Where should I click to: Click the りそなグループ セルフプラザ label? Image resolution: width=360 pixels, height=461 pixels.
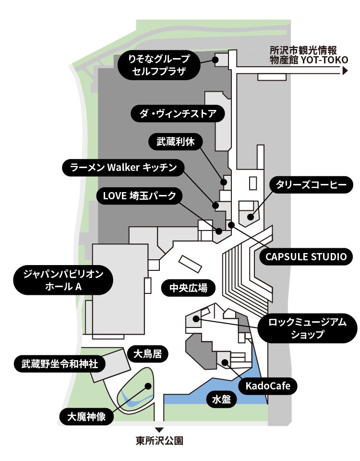tap(158, 65)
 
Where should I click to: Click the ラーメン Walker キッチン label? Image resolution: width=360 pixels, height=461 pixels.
tap(123, 168)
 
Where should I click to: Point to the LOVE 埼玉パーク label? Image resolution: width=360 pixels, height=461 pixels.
tap(140, 196)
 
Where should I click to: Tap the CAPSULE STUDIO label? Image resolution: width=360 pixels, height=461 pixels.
tap(306, 256)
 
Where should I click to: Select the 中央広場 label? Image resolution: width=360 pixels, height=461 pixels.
tap(188, 288)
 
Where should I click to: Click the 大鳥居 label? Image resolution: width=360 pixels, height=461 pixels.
tap(147, 354)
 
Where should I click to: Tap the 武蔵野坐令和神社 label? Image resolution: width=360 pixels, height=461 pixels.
tap(57, 364)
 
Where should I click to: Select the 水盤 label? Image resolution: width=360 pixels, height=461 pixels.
tap(221, 399)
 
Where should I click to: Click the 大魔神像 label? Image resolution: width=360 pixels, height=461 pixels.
tap(86, 416)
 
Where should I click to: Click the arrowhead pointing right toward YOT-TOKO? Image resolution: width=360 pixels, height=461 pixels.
tap(345, 71)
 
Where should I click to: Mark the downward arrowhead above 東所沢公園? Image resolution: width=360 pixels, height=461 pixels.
tap(159, 429)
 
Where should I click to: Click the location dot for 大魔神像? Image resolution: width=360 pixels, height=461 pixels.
tap(148, 386)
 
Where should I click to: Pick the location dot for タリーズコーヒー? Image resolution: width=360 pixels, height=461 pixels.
tap(250, 217)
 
